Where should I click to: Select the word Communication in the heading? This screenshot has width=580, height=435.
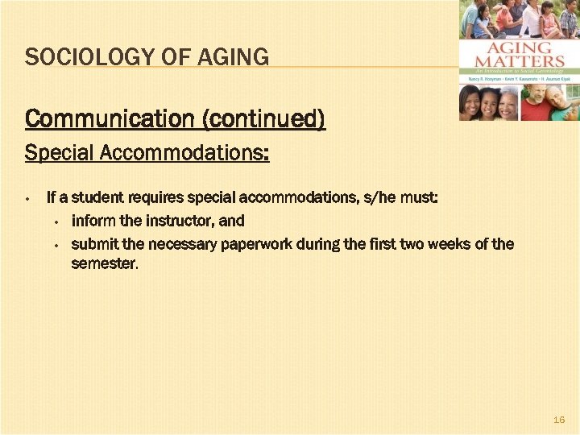point(110,119)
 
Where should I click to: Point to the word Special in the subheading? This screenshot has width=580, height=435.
point(57,152)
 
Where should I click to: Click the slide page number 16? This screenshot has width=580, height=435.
point(560,420)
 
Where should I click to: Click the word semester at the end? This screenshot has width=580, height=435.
point(105,263)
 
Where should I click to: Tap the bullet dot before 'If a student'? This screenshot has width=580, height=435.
point(27,198)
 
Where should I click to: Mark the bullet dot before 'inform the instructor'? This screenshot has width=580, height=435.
point(57,222)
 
